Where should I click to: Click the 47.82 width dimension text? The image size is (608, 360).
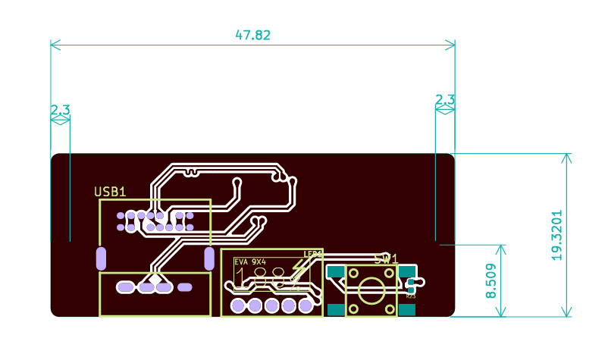pos(252,35)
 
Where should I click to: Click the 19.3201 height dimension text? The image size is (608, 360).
pos(557,236)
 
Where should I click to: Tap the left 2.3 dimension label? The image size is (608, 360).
pos(60,111)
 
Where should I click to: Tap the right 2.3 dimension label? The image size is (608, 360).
pos(444,100)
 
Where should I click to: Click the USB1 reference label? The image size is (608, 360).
pos(110,193)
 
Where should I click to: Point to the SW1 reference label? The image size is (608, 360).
pos(385,259)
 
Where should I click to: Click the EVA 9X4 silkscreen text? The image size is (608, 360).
pos(250,261)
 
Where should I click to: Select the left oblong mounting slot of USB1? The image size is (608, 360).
pos(101,258)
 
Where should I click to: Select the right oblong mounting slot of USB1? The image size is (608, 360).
pos(209,258)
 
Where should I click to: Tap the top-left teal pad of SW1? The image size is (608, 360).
pos(335,271)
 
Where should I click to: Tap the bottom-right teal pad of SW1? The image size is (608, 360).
pos(408,308)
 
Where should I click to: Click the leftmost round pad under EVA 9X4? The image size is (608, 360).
pos(238,306)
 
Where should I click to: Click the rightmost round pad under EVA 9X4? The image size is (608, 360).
pos(305,306)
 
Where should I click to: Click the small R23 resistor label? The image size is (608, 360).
pos(411,296)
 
